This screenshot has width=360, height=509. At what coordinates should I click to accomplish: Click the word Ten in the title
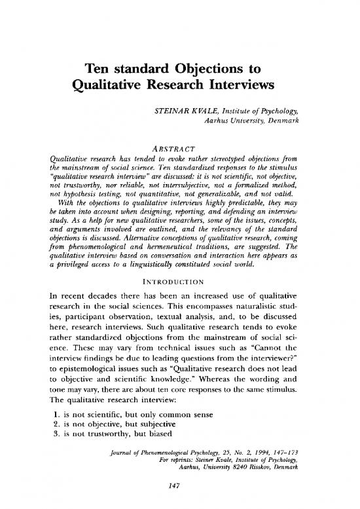97,70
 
